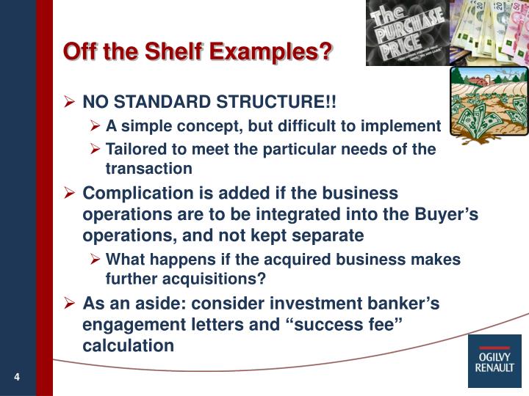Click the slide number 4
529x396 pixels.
coord(15,377)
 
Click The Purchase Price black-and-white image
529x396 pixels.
coord(406,33)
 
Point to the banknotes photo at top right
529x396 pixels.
coord(488,33)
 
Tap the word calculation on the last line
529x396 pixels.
coord(129,345)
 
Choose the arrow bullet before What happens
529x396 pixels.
coord(96,260)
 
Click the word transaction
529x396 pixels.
coord(149,168)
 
